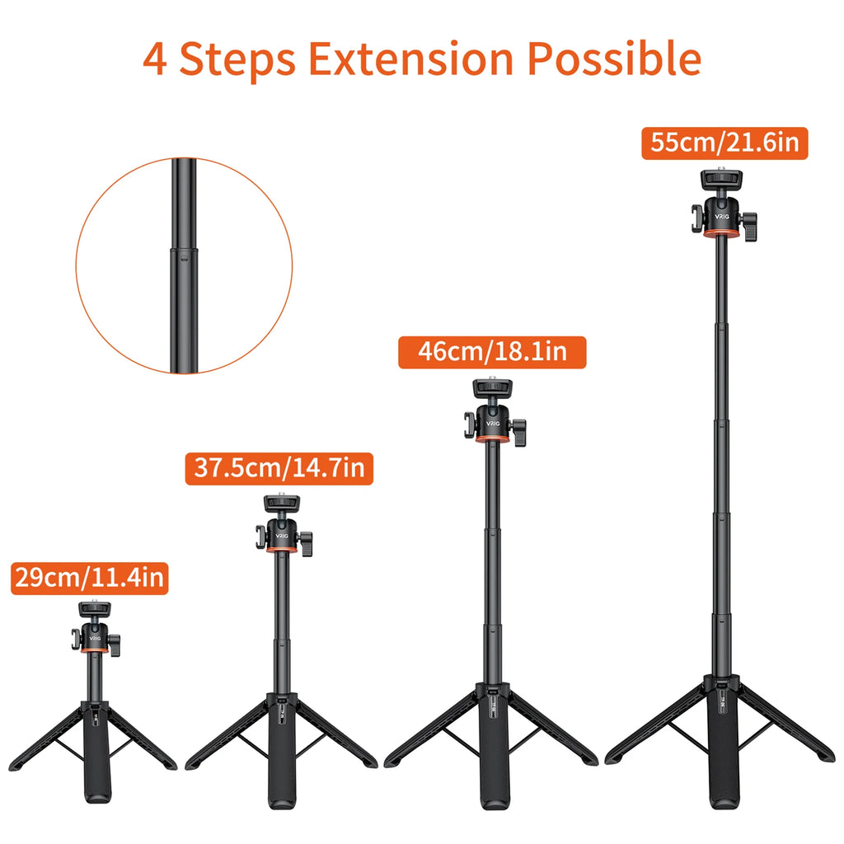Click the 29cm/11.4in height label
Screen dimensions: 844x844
[90, 577]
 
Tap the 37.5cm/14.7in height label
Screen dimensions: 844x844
[279, 468]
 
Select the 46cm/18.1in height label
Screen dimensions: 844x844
[492, 352]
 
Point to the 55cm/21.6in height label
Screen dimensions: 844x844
[724, 143]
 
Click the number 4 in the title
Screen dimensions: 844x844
[154, 60]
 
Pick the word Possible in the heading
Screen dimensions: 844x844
[614, 59]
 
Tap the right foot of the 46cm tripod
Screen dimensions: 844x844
[587, 759]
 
